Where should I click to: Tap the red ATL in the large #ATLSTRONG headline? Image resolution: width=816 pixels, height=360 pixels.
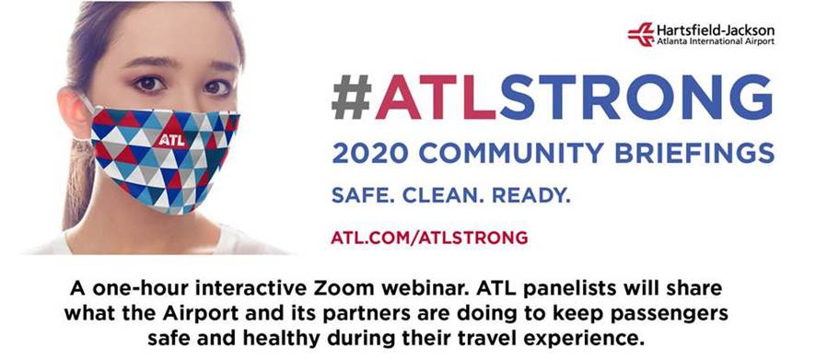click(437, 98)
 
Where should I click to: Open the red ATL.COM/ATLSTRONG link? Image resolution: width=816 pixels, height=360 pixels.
click(429, 238)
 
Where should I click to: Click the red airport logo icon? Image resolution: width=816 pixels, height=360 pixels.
click(641, 34)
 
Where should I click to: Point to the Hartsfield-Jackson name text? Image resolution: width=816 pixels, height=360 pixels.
click(715, 30)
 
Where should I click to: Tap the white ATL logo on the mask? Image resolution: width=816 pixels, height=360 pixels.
click(171, 140)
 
